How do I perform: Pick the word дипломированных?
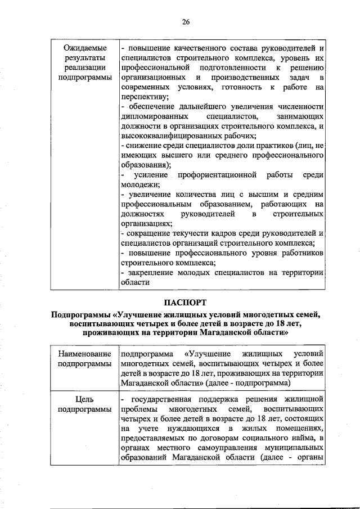coord(155,116)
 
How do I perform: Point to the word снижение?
coord(143,145)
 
